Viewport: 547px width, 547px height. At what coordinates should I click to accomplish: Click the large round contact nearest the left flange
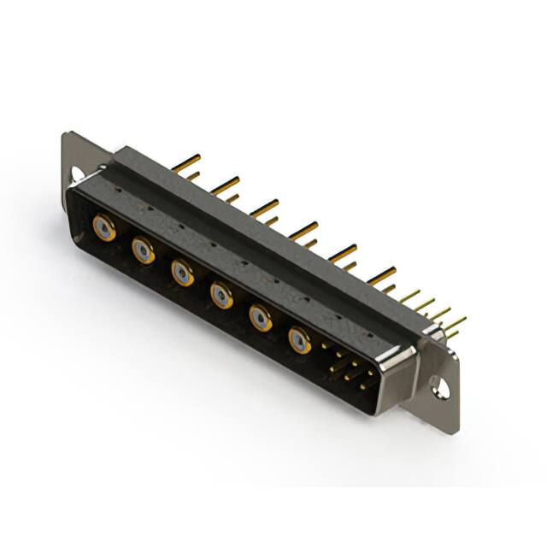click(104, 228)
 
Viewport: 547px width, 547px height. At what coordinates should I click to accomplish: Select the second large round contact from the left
click(143, 250)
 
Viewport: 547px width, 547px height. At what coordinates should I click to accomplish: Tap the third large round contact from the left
click(182, 273)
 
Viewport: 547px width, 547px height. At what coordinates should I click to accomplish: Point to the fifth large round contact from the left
click(261, 318)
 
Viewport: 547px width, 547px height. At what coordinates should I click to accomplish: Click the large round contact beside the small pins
click(300, 341)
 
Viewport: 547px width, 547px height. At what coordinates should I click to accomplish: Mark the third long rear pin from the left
click(264, 205)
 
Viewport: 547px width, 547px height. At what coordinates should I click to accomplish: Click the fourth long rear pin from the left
click(303, 228)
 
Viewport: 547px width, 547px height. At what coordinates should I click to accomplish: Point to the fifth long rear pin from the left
click(343, 251)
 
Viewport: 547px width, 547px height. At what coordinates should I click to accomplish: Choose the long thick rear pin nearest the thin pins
click(381, 274)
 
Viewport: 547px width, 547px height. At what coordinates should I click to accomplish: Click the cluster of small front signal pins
click(346, 368)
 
